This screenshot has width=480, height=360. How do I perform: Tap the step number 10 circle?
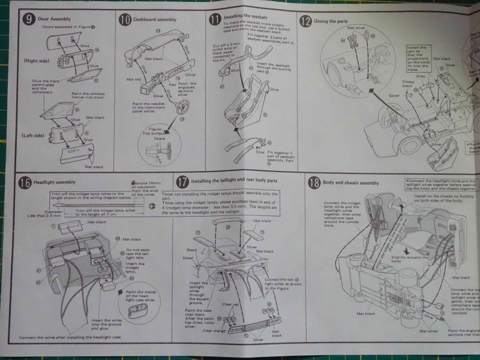click(x=124, y=20)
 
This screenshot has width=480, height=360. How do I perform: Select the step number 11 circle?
click(x=214, y=19)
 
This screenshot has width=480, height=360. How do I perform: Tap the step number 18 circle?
click(x=313, y=182)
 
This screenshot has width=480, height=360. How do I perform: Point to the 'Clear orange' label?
click(x=215, y=330)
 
